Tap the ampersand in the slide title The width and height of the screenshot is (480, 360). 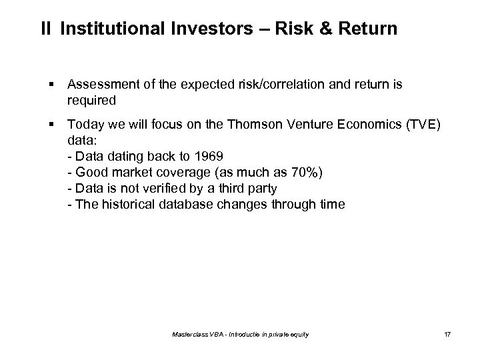pos(327,29)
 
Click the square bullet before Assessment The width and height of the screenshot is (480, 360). pos(51,85)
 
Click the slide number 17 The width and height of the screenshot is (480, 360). pos(447,333)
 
